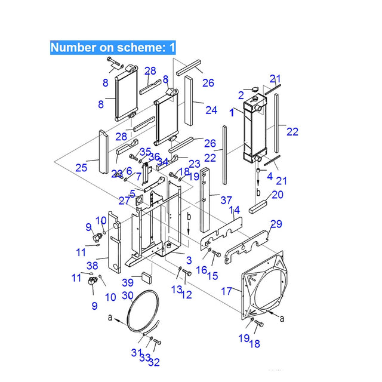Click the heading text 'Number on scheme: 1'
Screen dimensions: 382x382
112,47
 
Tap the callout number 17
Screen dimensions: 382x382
227,292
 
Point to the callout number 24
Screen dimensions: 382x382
211,110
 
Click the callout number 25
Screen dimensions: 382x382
81,167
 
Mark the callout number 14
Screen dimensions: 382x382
235,210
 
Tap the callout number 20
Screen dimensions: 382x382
278,195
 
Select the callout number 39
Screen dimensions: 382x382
127,282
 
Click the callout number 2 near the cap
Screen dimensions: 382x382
241,94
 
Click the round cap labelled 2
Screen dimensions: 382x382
254,90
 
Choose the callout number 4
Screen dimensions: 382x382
269,176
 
